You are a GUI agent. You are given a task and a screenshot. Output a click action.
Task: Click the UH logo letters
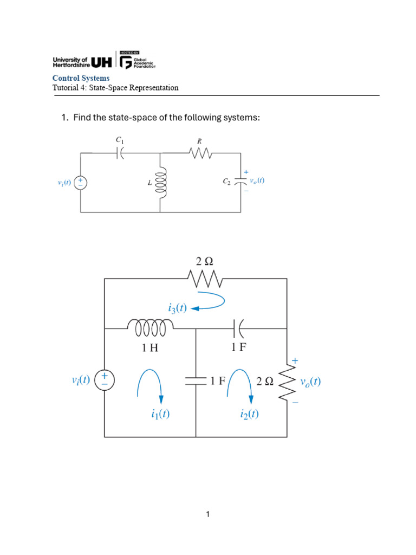click(x=101, y=62)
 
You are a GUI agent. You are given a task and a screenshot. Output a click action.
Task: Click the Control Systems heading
click(x=81, y=78)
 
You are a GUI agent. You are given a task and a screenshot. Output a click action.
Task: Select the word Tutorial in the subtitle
click(x=66, y=87)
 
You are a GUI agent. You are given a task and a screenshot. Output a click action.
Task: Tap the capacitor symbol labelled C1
click(x=120, y=153)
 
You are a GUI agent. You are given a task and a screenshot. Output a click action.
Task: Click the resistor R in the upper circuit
click(x=200, y=153)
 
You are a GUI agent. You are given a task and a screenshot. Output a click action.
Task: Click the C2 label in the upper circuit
click(x=227, y=182)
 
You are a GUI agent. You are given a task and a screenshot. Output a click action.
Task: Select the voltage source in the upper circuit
click(x=81, y=183)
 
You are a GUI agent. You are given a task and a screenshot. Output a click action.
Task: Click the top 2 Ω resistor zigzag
click(x=205, y=279)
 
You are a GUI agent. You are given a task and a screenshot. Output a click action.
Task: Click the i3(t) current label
click(x=177, y=308)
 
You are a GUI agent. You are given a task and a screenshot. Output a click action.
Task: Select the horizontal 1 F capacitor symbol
click(x=238, y=328)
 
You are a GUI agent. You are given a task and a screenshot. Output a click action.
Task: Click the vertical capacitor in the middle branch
click(x=196, y=381)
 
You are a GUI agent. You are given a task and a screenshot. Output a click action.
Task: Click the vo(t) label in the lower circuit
click(x=310, y=382)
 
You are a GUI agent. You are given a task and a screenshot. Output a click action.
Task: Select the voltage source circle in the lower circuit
click(x=105, y=380)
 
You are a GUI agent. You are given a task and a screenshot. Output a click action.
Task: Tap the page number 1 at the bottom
click(x=208, y=514)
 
